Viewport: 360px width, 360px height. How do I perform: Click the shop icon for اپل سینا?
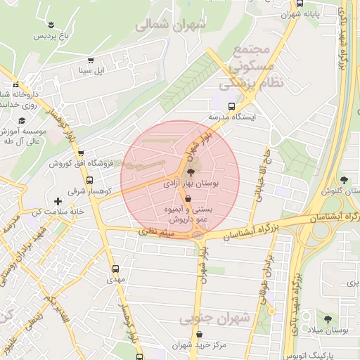tap(89, 61)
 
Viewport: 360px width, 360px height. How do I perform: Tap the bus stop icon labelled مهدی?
tap(115, 269)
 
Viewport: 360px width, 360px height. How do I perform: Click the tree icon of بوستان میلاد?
tap(327, 319)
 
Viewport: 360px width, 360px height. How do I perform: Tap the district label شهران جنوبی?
tap(205, 319)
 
